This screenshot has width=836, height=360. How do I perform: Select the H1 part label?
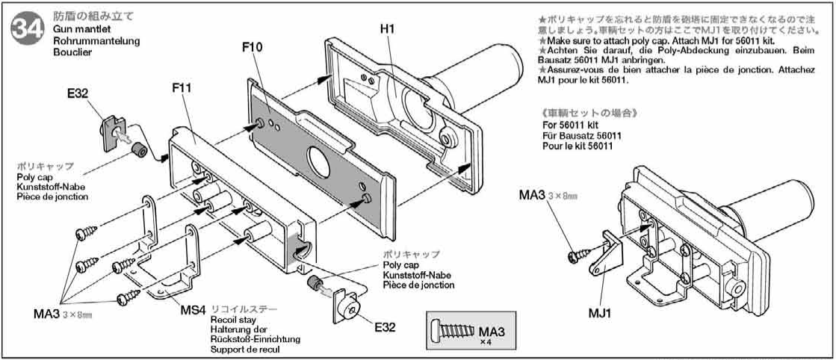pos(387,28)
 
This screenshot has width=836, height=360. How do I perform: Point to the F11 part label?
pos(182,87)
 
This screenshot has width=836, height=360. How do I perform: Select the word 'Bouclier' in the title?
pos(71,52)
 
